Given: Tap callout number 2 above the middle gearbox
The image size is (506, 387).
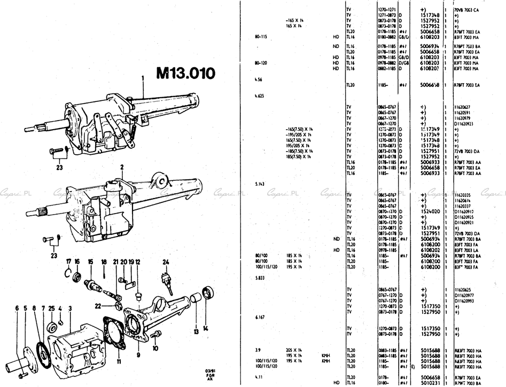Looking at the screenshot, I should click(x=122, y=167).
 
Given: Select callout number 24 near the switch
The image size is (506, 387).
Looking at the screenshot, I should click(x=166, y=262).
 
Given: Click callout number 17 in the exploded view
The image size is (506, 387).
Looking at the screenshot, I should click(x=68, y=261).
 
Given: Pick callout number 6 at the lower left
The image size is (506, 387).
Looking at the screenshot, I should click(x=17, y=308).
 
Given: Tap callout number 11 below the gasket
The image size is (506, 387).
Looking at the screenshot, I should click(x=119, y=362).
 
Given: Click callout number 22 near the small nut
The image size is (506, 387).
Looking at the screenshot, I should click(x=113, y=305).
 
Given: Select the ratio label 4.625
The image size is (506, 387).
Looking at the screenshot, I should click(x=260, y=97).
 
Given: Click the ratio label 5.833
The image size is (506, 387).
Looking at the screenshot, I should click(x=260, y=278).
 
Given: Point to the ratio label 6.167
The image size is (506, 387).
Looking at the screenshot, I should click(x=260, y=317).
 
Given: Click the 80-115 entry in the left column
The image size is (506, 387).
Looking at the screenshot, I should click(x=262, y=36).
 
